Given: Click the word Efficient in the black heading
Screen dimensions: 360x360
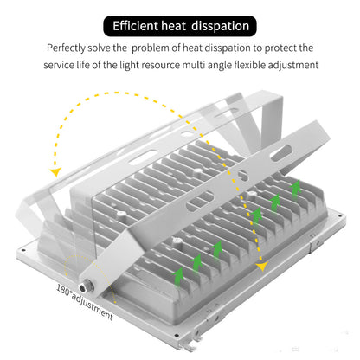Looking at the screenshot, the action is pos(135,26).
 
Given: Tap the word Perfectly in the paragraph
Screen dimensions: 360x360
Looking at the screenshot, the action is pos(66,48).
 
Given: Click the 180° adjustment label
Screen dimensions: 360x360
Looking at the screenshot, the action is pos(84,302).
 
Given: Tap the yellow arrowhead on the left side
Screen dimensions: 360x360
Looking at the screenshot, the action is pos(55,171).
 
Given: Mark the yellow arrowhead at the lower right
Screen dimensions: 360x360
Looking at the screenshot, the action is pos(262,267).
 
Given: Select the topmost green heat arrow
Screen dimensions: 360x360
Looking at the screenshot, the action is pos(295,189).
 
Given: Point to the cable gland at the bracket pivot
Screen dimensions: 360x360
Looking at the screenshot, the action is pos(84,287).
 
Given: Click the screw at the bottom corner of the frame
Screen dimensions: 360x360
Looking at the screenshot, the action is pos(177,335).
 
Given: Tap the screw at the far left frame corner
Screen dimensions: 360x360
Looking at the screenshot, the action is pos(23,250).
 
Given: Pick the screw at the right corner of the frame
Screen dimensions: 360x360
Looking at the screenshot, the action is pos(341,215).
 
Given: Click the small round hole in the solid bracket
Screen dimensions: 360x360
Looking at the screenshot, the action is pos(243,176).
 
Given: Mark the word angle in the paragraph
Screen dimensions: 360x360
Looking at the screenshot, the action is pos(220,66).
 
